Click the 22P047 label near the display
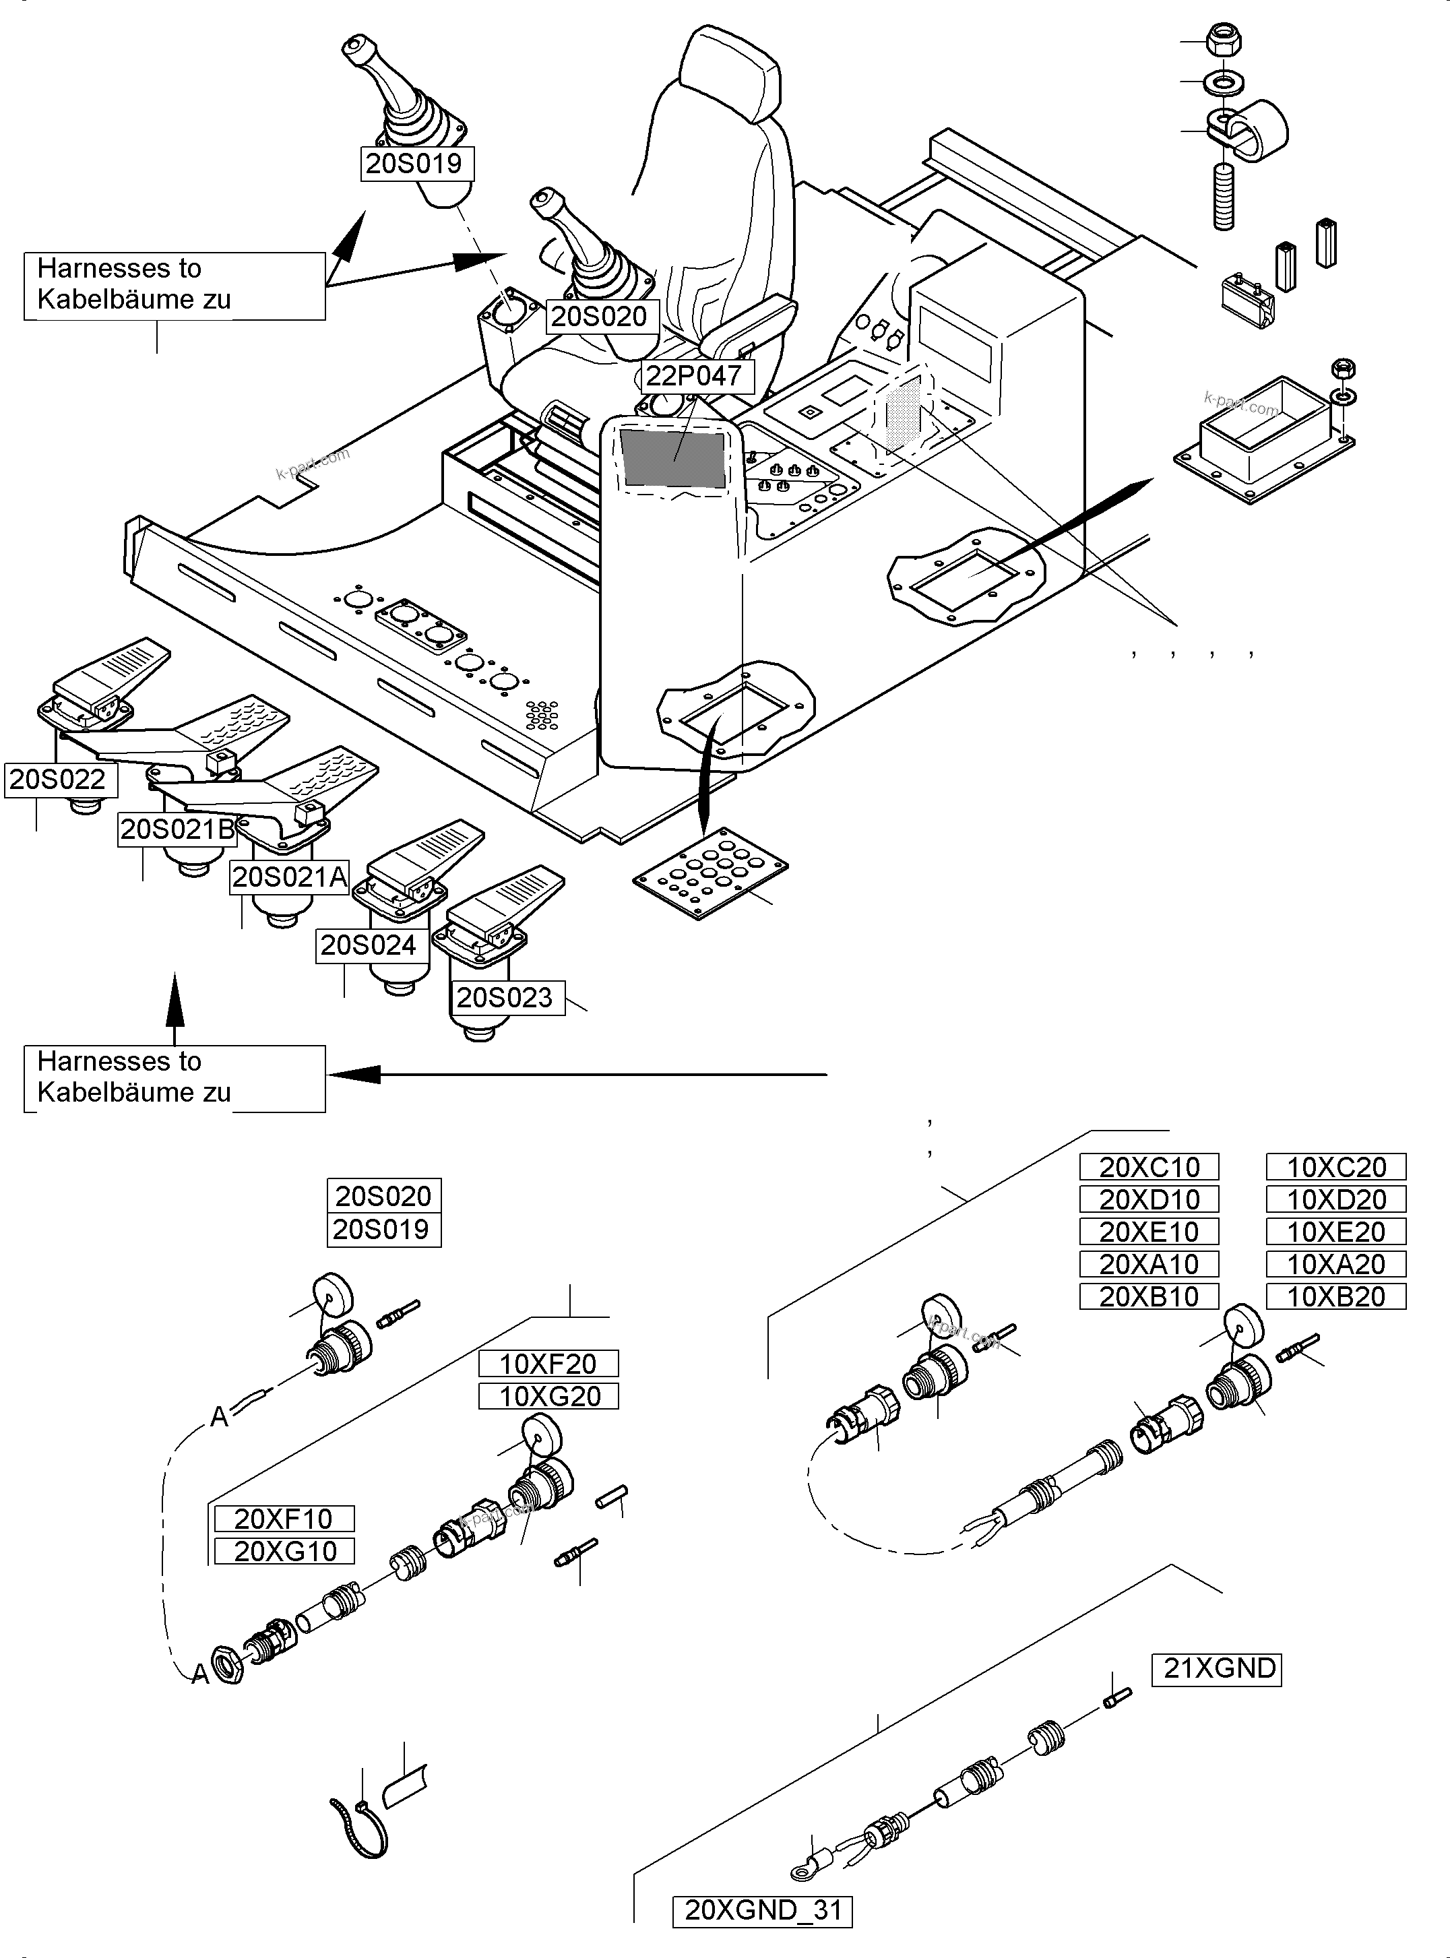pos(694,375)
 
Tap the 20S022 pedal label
pos(58,780)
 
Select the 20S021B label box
pos(177,829)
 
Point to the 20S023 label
pos(505,998)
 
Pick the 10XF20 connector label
pos(548,1364)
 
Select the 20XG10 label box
pos(285,1552)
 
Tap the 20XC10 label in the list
pos(1149,1167)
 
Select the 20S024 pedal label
pos(368,945)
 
